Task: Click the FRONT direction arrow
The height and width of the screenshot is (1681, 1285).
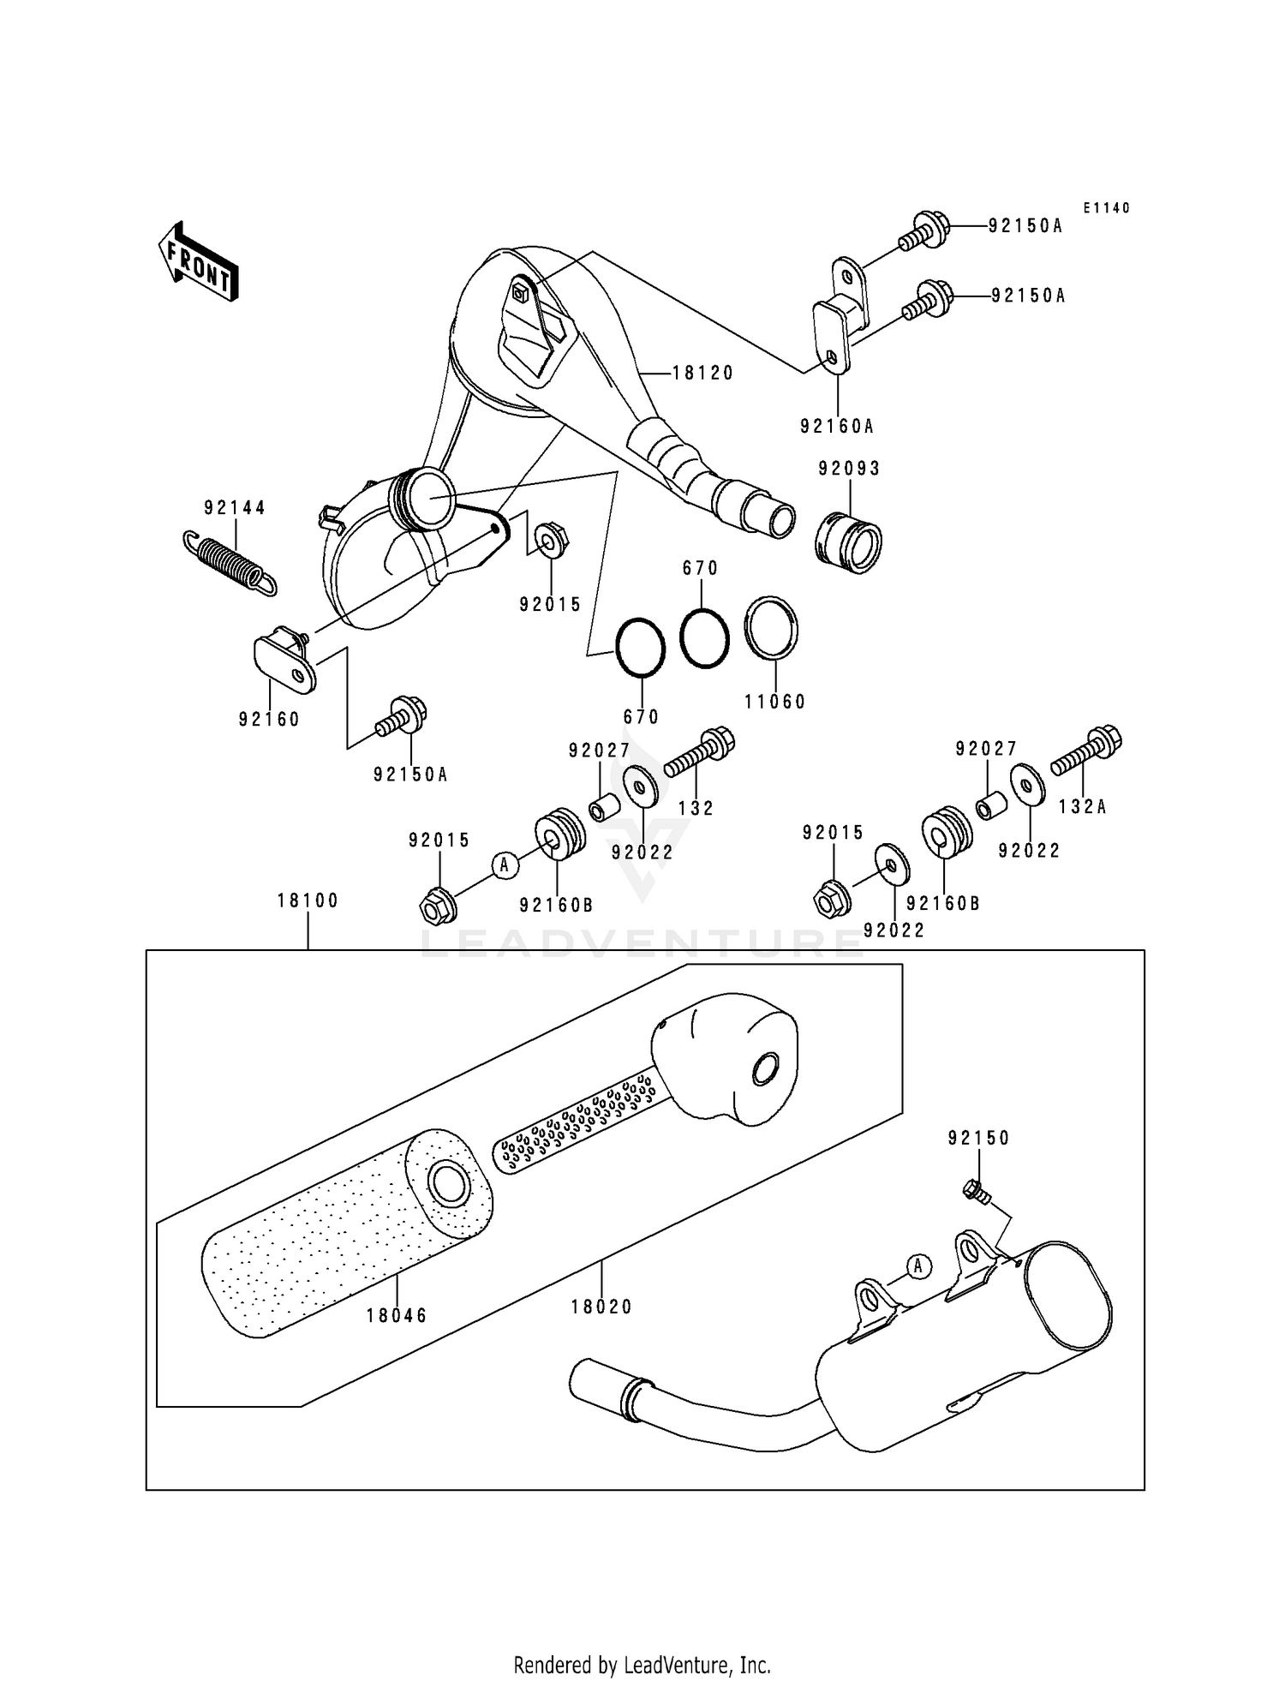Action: coord(198,262)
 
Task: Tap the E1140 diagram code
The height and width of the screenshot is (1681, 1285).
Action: coord(1106,208)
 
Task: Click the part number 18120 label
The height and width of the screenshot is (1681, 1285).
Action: coord(702,373)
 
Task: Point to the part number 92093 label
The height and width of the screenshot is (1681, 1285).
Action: coord(849,469)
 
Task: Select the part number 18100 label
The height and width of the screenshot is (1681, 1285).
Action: coord(308,900)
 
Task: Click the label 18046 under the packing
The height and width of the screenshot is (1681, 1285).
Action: coord(397,1315)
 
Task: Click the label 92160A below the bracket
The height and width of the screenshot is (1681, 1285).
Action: coord(837,426)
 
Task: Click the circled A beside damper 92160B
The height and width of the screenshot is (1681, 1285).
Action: coord(505,865)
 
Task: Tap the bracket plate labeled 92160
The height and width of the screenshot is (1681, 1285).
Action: coord(284,660)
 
